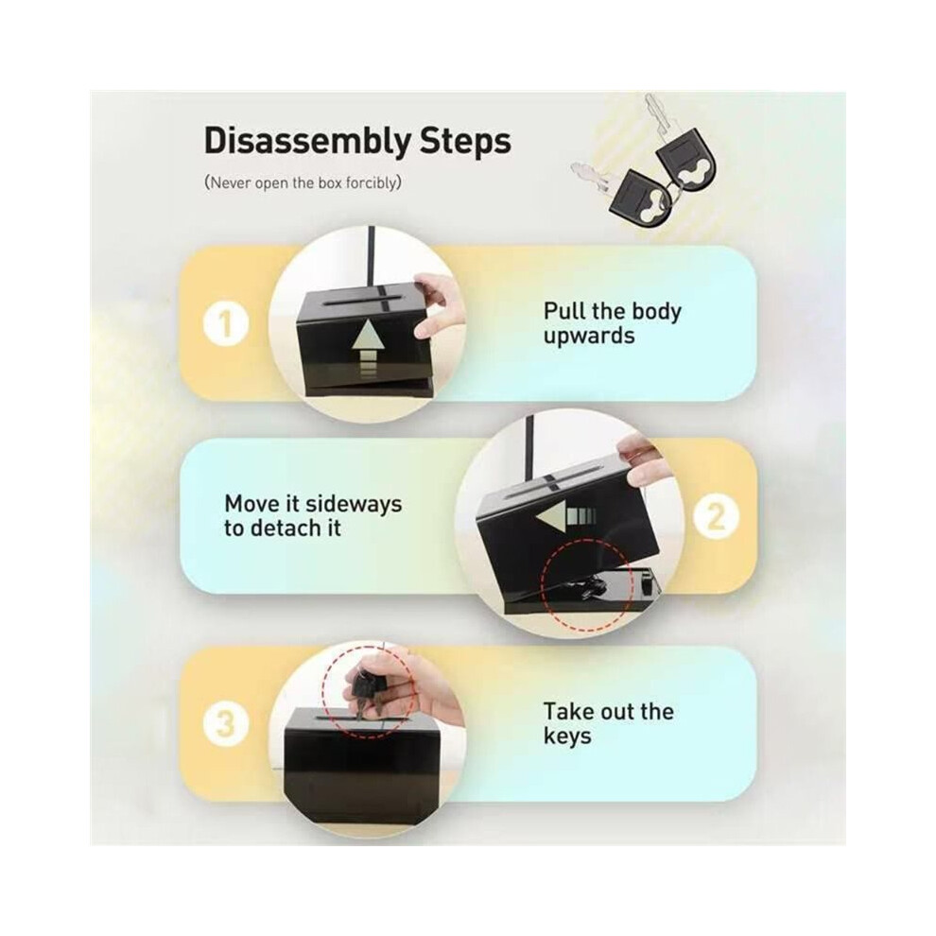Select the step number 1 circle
tap(226, 325)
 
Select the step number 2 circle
tap(716, 517)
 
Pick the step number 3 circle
tap(226, 724)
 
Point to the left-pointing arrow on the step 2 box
tap(565, 514)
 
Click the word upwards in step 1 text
tap(589, 337)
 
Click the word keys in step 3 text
tap(567, 736)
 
